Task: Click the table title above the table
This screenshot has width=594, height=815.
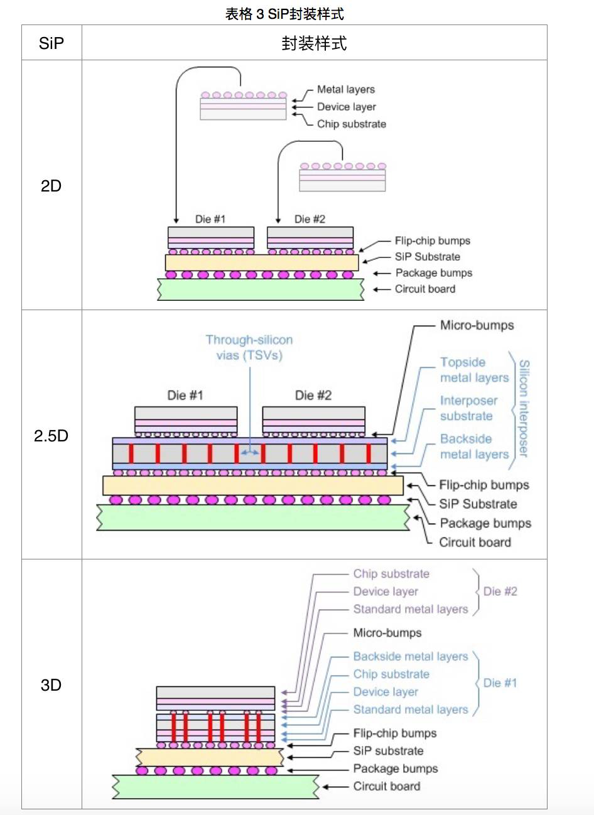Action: pos(284,14)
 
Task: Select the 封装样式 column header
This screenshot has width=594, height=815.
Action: pos(314,43)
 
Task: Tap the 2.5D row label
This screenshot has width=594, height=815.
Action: pos(51,436)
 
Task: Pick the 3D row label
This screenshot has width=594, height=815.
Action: pos(51,685)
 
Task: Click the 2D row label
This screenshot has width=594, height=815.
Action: pos(51,186)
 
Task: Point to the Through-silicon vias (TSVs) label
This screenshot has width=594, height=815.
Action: pos(249,347)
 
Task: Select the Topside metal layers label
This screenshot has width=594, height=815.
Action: pos(474,370)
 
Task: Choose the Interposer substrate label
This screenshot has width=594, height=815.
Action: pos(468,408)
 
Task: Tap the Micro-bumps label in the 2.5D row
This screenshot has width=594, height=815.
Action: pos(477,325)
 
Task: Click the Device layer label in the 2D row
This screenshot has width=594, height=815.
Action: pos(346,107)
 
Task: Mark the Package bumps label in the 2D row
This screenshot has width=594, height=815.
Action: pos(433,273)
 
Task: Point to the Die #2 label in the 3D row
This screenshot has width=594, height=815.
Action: pos(500,591)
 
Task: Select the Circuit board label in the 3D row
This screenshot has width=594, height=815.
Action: pos(386,786)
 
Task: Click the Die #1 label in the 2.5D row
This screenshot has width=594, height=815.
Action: pos(185,395)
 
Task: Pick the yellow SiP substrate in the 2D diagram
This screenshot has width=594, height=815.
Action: pos(261,262)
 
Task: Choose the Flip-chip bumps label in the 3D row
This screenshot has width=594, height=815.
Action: pos(394,733)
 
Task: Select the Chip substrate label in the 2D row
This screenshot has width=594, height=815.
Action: pos(351,124)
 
